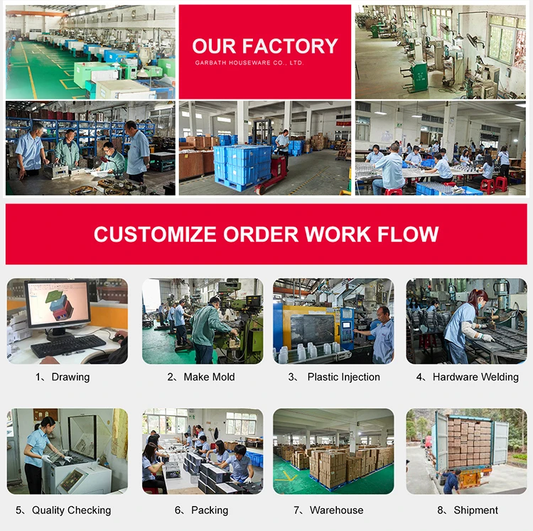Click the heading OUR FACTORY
[265, 46]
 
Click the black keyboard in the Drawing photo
[68, 345]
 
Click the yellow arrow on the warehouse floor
[288, 474]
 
